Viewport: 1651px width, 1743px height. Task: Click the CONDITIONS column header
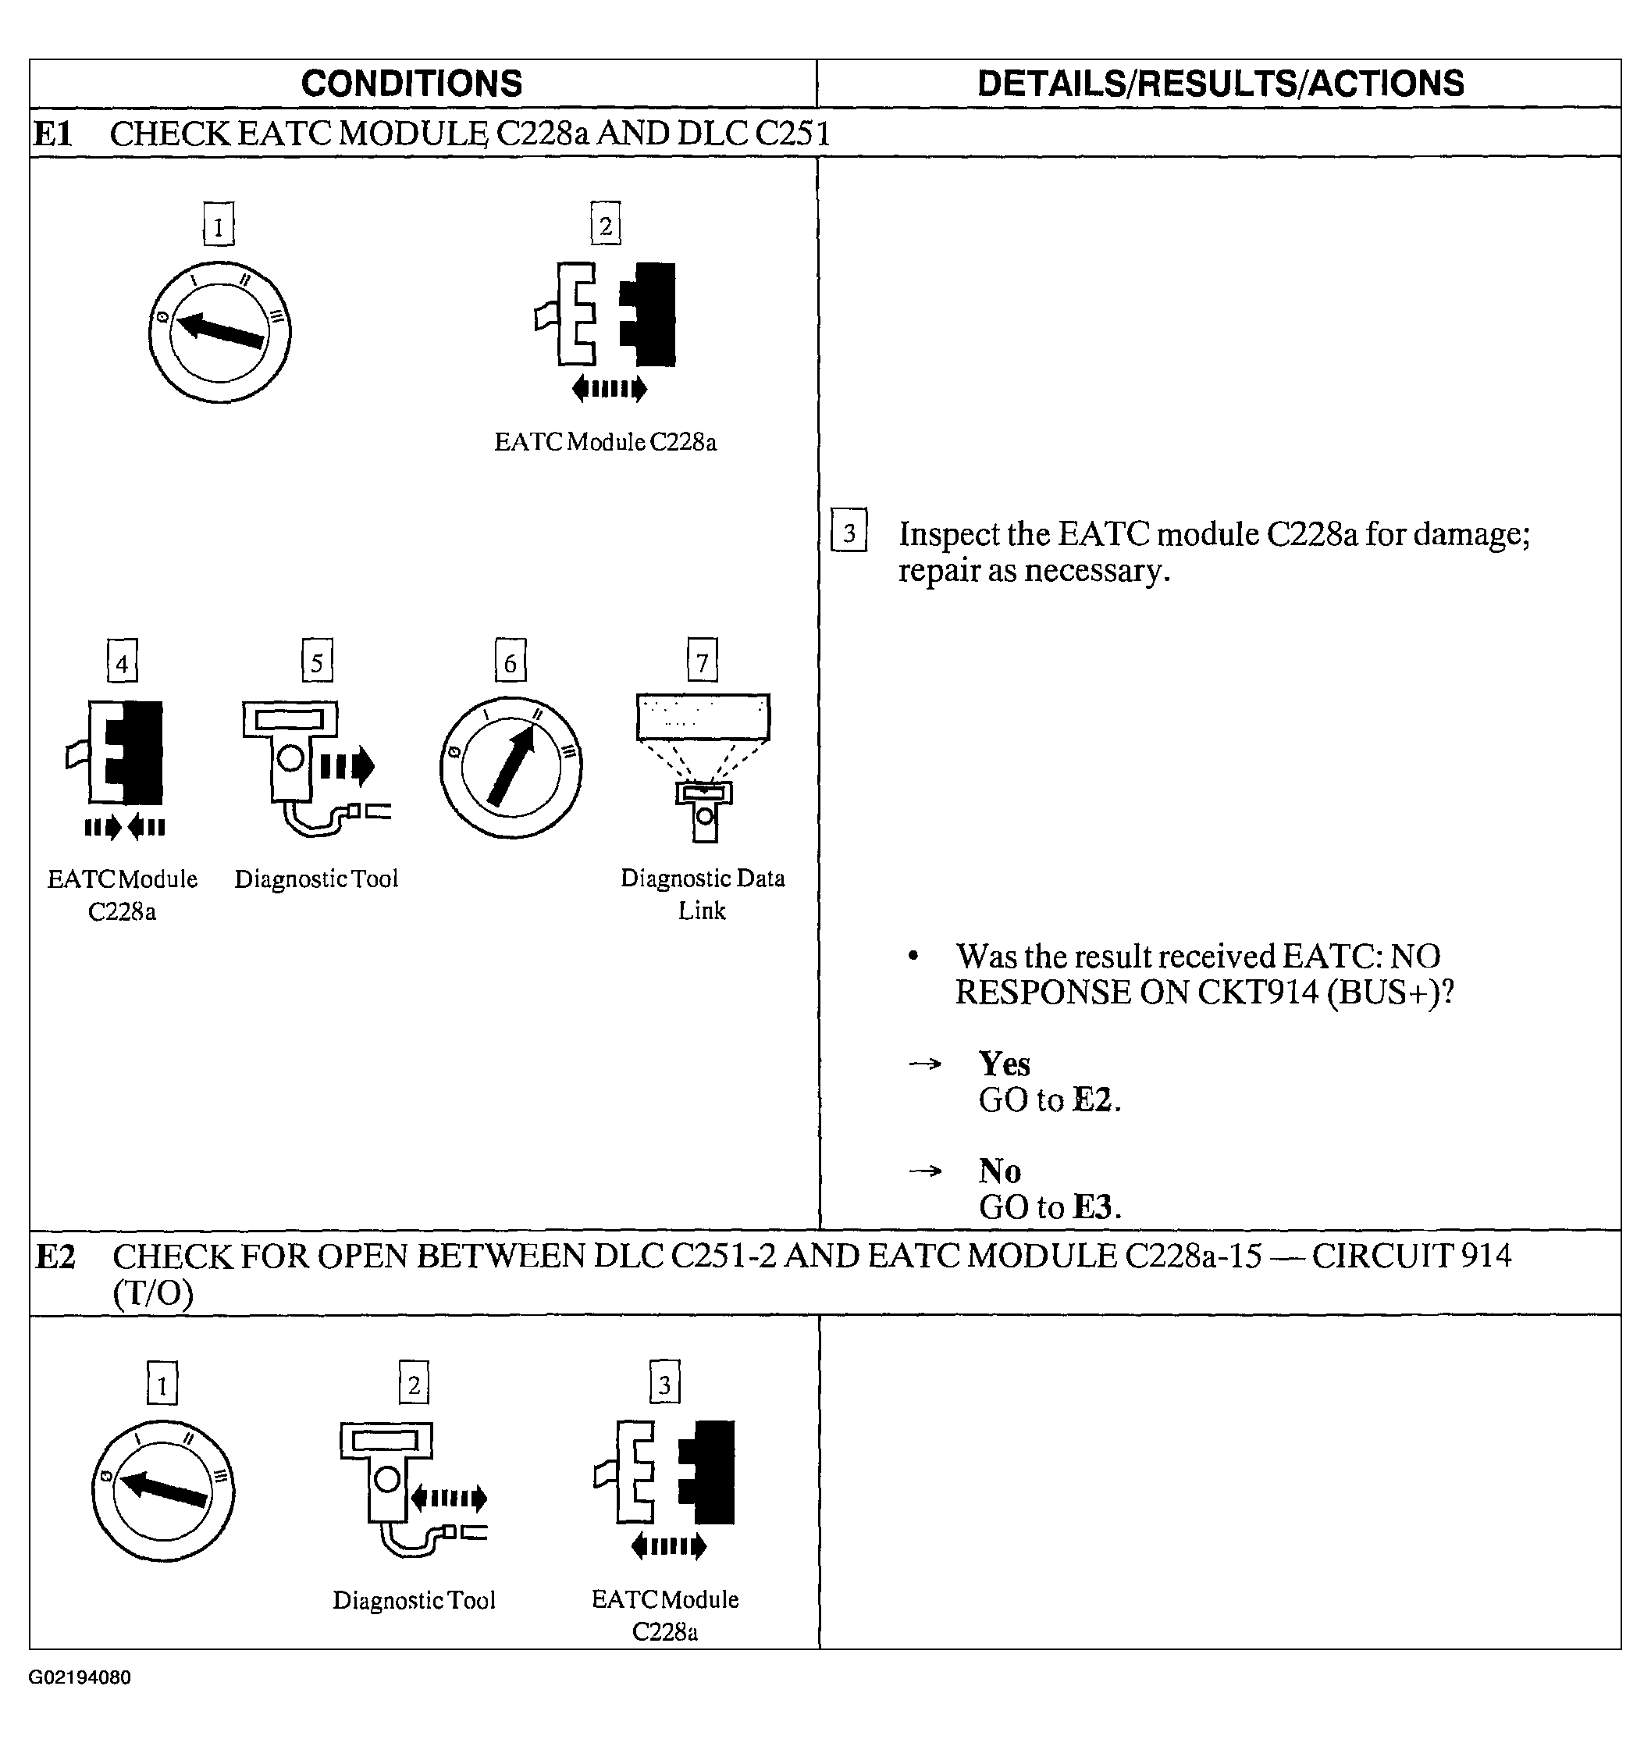[411, 84]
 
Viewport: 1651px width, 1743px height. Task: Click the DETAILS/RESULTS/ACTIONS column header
[1220, 84]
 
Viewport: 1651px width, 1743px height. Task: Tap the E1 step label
[52, 134]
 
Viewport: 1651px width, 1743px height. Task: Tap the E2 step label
[55, 1256]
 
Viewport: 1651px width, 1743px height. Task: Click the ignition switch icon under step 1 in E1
[219, 332]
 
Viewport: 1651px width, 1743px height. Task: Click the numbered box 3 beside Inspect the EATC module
[849, 532]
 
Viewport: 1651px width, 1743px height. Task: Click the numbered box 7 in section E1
[703, 661]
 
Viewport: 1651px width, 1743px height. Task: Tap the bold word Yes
[1004, 1064]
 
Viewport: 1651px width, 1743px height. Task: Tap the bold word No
[1000, 1171]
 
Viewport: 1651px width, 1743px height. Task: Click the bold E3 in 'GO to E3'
[1092, 1207]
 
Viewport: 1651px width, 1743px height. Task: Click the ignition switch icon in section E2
[163, 1492]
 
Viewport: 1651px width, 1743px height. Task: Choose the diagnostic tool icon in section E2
[409, 1488]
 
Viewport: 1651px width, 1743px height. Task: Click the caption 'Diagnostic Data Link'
[703, 893]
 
